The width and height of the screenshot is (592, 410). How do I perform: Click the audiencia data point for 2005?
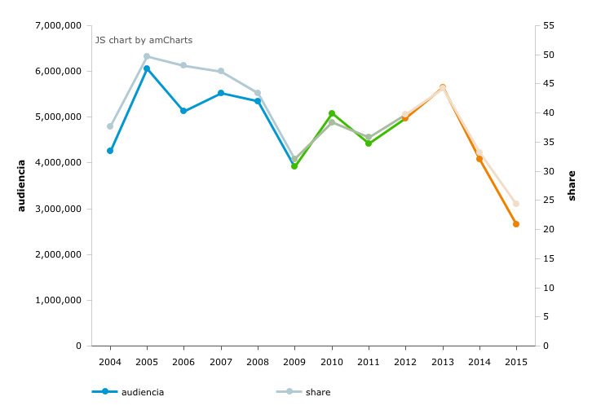pyautogui.click(x=147, y=68)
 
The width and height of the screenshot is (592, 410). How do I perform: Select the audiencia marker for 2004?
pyautogui.click(x=110, y=151)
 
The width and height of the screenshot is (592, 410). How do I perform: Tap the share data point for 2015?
pyautogui.click(x=516, y=204)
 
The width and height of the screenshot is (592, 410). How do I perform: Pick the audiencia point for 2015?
pyautogui.click(x=516, y=224)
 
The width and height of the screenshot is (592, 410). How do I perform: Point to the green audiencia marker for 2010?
pyautogui.click(x=332, y=113)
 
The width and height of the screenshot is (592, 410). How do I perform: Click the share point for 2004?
pyautogui.click(x=110, y=126)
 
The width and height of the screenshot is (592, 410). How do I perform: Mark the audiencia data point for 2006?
pyautogui.click(x=183, y=111)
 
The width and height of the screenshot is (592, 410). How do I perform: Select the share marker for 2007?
pyautogui.click(x=221, y=72)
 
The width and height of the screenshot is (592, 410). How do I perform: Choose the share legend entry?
pyautogui.click(x=317, y=392)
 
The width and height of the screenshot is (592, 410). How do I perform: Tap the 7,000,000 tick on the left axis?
pyautogui.click(x=58, y=25)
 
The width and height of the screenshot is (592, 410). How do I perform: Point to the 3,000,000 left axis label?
pyautogui.click(x=58, y=209)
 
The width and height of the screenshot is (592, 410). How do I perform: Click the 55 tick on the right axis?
pyautogui.click(x=548, y=25)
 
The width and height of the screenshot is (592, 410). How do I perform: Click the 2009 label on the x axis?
pyautogui.click(x=294, y=360)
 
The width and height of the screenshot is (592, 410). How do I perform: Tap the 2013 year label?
pyautogui.click(x=442, y=360)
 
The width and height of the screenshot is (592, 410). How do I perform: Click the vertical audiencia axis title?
pyautogui.click(x=22, y=186)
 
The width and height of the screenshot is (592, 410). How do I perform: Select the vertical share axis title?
pyautogui.click(x=572, y=186)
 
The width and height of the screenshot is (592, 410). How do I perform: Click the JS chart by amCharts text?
pyautogui.click(x=144, y=40)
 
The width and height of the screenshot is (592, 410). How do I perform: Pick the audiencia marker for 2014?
pyautogui.click(x=479, y=159)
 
